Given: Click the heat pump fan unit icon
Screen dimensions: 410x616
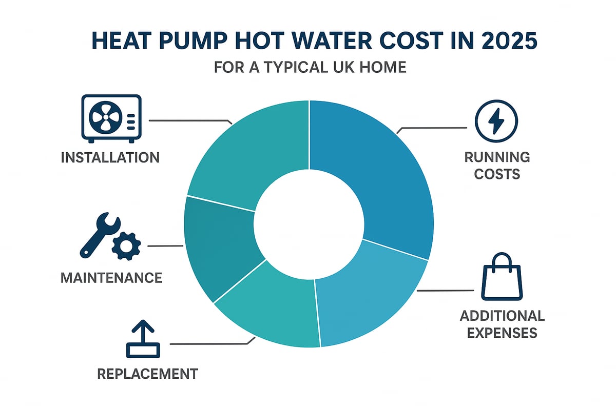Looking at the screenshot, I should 111,118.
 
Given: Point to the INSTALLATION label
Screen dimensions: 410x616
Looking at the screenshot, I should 110,157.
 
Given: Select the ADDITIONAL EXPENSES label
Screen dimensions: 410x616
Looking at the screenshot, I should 502,323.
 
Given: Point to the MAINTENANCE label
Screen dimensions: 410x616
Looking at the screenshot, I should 111,278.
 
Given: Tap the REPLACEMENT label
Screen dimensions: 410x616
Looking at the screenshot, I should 147,374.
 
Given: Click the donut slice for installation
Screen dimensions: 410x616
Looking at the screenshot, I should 246,154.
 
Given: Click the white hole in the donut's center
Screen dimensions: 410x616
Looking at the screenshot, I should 309,223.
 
